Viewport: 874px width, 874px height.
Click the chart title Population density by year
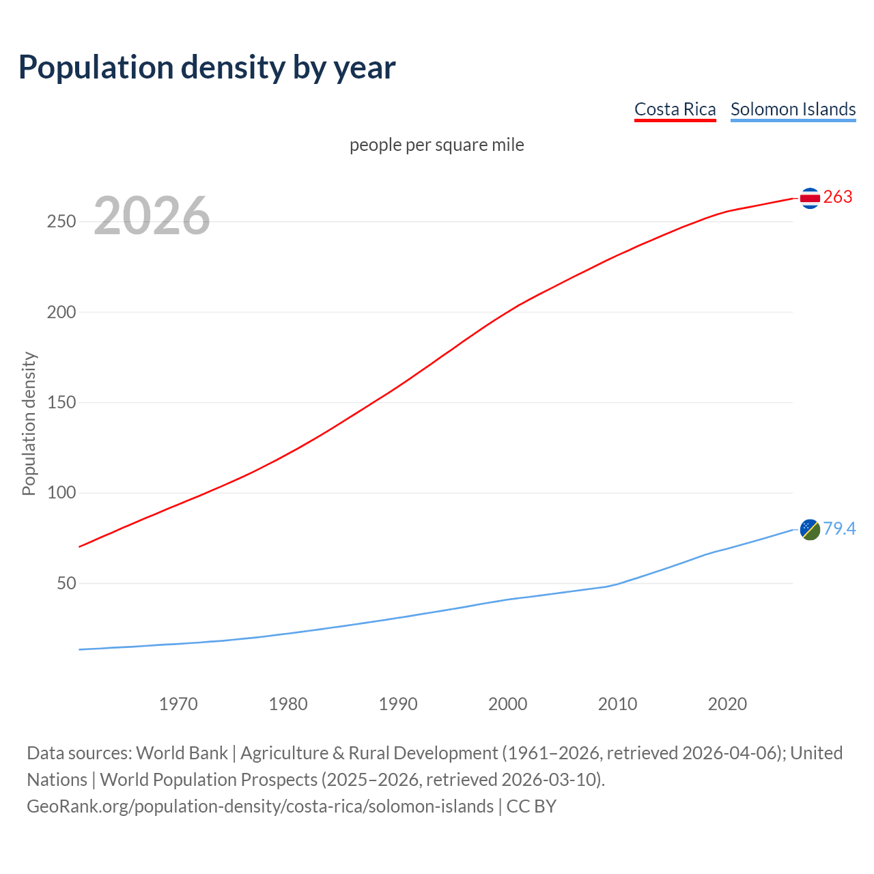[x=207, y=67]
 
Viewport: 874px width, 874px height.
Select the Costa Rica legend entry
[x=675, y=109]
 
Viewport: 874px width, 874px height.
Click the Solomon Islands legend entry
[x=793, y=109]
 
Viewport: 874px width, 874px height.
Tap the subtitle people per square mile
[x=436, y=145]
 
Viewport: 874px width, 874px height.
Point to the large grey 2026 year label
[x=152, y=216]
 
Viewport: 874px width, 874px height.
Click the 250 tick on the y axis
[x=61, y=222]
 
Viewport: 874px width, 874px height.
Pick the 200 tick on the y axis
[x=61, y=312]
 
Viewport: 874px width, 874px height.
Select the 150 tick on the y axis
[x=61, y=403]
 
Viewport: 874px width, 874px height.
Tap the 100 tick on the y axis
[x=61, y=493]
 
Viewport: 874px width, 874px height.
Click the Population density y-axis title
[x=29, y=423]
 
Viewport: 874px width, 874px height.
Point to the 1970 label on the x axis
[x=178, y=704]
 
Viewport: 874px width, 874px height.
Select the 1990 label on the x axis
[x=398, y=704]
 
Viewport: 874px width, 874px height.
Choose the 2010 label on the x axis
[x=617, y=704]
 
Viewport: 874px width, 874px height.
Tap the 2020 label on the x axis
[x=727, y=704]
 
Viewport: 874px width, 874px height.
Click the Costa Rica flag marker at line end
[x=809, y=198]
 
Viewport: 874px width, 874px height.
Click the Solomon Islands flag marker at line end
[x=809, y=529]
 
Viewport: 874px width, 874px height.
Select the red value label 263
[x=838, y=197]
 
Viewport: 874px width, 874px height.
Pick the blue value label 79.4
[x=839, y=528]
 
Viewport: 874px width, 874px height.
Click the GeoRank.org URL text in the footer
[x=260, y=806]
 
